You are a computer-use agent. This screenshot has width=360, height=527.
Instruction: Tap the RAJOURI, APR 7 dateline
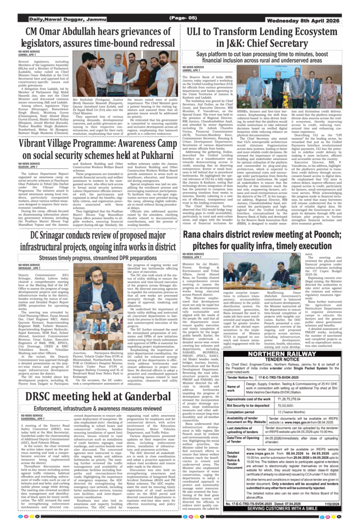[x=28, y=167]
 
